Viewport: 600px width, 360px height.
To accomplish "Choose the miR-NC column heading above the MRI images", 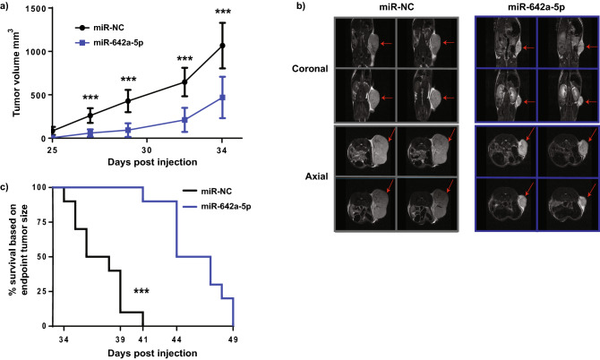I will pos(374,8).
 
